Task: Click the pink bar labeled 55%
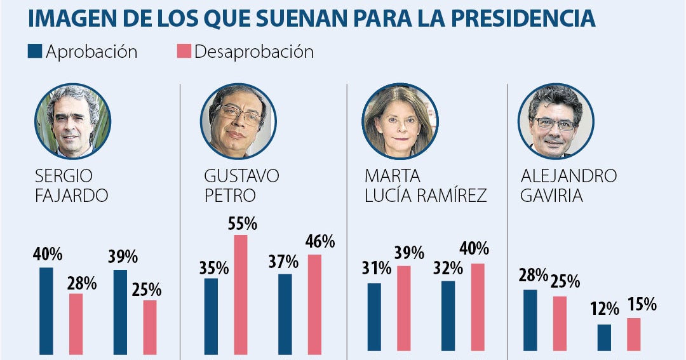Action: (240, 293)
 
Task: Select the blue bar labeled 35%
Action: (211, 316)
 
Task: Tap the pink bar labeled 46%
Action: (314, 303)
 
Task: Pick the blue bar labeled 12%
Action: (604, 338)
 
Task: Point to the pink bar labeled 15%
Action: (634, 335)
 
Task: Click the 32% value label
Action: (448, 267)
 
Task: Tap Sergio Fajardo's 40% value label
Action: (47, 255)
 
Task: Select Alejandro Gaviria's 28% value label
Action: (532, 276)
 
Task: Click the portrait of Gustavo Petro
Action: (238, 121)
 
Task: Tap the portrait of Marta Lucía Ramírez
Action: (400, 121)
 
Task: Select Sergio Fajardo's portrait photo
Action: (74, 121)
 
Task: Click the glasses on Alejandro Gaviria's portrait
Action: (555, 123)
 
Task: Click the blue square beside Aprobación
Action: (35, 51)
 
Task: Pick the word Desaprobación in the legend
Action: (254, 51)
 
